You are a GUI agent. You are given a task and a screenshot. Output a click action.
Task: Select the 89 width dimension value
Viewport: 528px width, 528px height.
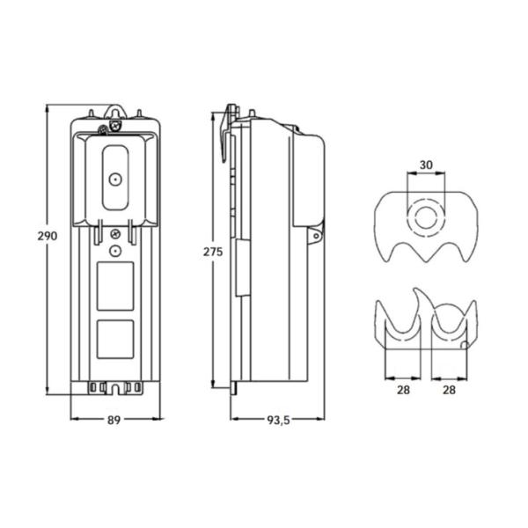tap(114, 421)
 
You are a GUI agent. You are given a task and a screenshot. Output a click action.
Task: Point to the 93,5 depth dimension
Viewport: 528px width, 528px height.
tap(278, 421)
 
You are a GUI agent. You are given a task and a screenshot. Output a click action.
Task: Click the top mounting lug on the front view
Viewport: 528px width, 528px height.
tap(114, 112)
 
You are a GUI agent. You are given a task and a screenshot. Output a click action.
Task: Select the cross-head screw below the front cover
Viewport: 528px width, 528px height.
tap(115, 233)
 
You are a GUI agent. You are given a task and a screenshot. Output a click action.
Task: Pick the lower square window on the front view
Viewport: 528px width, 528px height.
tap(114, 339)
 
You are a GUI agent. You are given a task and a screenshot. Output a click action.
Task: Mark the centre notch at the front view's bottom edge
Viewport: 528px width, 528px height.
tap(114, 387)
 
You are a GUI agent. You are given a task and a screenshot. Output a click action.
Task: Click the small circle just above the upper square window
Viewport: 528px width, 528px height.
tap(114, 250)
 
